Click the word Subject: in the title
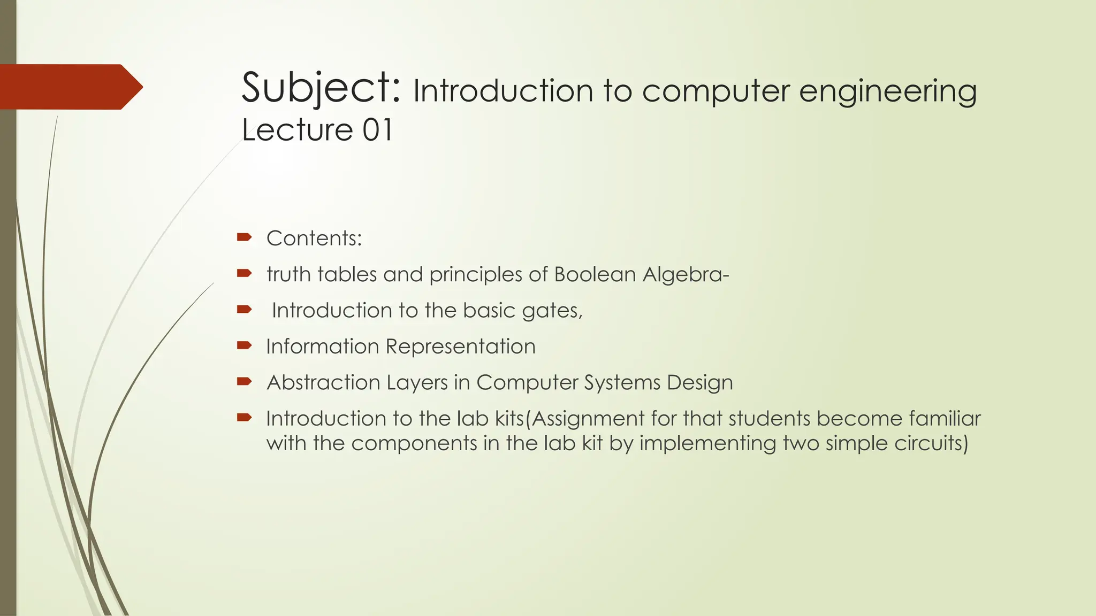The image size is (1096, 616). tap(321, 89)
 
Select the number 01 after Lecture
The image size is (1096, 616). tap(377, 130)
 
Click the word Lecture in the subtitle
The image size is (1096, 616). tap(297, 130)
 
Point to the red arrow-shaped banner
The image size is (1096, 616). tap(70, 87)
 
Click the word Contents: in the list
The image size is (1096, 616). tap(314, 238)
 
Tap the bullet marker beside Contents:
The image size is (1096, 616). tap(244, 237)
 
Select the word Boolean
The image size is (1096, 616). tap(595, 274)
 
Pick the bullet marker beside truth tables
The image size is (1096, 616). tap(244, 273)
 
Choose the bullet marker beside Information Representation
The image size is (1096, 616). tap(244, 345)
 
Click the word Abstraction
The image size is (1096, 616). tap(323, 383)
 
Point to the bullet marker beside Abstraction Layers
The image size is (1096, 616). tap(244, 381)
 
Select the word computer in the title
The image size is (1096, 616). tap(716, 91)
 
